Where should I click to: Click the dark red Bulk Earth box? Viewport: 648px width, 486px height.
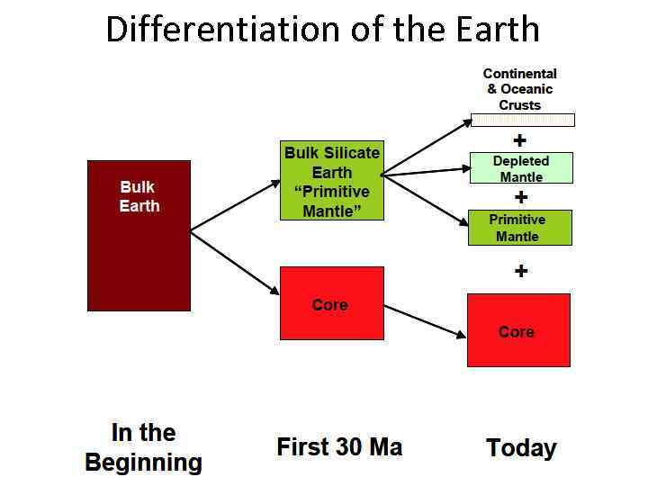[x=139, y=236]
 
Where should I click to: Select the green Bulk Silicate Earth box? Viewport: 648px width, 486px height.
[x=332, y=181]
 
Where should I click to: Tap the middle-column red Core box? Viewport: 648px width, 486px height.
[x=332, y=303]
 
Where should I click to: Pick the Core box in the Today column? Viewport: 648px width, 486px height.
[x=518, y=330]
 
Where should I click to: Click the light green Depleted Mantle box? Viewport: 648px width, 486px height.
[x=521, y=168]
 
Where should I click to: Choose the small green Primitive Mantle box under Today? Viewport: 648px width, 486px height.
[x=520, y=228]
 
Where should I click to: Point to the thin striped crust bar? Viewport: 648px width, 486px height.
[x=523, y=120]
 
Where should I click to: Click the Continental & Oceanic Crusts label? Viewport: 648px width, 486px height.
[x=520, y=89]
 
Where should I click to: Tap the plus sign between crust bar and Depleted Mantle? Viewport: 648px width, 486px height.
[x=520, y=140]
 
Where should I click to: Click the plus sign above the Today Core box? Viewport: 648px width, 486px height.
[x=521, y=271]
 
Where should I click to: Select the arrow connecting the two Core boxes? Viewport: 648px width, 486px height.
[x=425, y=321]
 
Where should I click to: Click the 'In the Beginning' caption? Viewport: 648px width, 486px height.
[x=143, y=447]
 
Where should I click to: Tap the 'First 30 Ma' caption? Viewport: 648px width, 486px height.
[x=339, y=446]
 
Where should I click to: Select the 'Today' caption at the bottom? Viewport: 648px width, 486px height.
[x=521, y=448]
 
